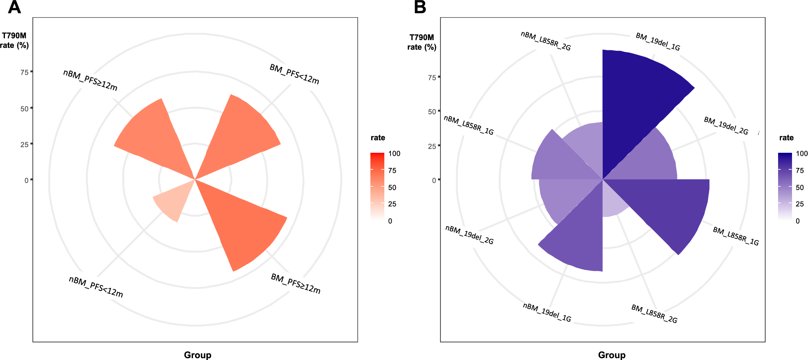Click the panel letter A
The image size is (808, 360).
click(x=14, y=7)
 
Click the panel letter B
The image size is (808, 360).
click(x=420, y=7)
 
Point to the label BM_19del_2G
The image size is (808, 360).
click(x=726, y=126)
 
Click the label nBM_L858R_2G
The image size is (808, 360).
click(x=545, y=41)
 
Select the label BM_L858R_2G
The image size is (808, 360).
click(x=654, y=314)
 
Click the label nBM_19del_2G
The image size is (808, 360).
click(x=469, y=235)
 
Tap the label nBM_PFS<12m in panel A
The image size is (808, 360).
click(x=96, y=287)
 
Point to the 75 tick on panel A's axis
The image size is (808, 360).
click(x=25, y=72)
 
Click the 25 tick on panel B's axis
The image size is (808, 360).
click(x=432, y=146)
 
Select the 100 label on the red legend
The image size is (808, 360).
click(x=394, y=154)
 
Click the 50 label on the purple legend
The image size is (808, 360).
click(x=799, y=188)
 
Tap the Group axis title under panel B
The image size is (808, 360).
click(x=611, y=355)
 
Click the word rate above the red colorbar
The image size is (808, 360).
click(x=378, y=138)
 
